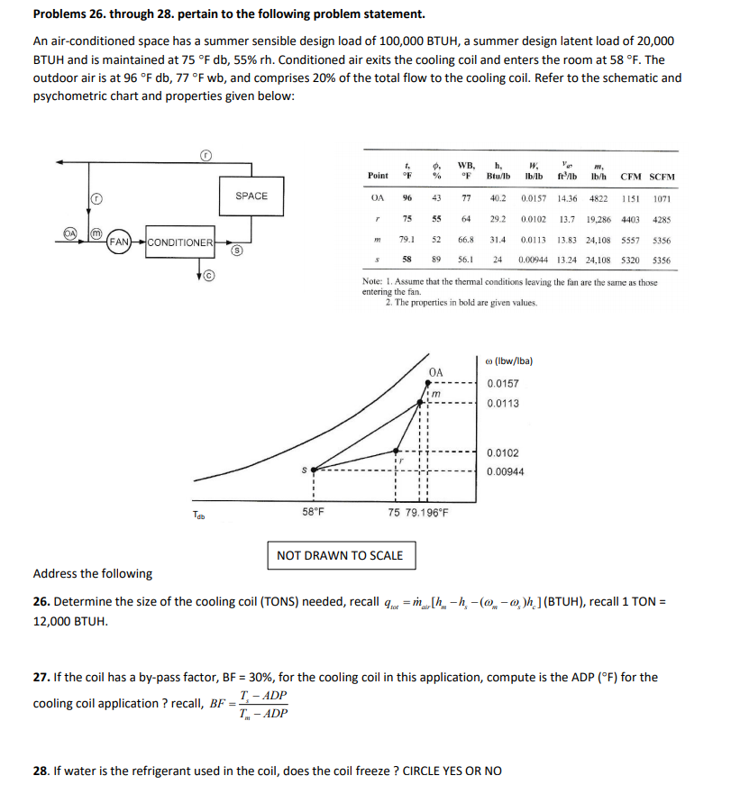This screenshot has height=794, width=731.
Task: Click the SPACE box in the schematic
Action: tap(251, 196)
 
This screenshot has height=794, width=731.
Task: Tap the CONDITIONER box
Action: tap(179, 242)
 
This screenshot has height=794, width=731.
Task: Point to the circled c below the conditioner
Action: tap(206, 276)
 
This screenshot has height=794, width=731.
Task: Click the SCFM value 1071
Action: tap(662, 198)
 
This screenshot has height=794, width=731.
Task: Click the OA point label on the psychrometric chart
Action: tap(436, 370)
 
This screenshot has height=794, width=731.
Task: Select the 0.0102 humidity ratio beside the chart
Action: tap(502, 453)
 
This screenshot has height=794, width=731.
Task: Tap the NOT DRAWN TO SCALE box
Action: tap(340, 554)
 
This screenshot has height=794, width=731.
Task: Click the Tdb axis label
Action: tap(198, 515)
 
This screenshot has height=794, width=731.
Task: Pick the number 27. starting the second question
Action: tap(41, 677)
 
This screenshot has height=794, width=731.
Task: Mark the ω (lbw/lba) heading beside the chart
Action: tap(509, 361)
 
